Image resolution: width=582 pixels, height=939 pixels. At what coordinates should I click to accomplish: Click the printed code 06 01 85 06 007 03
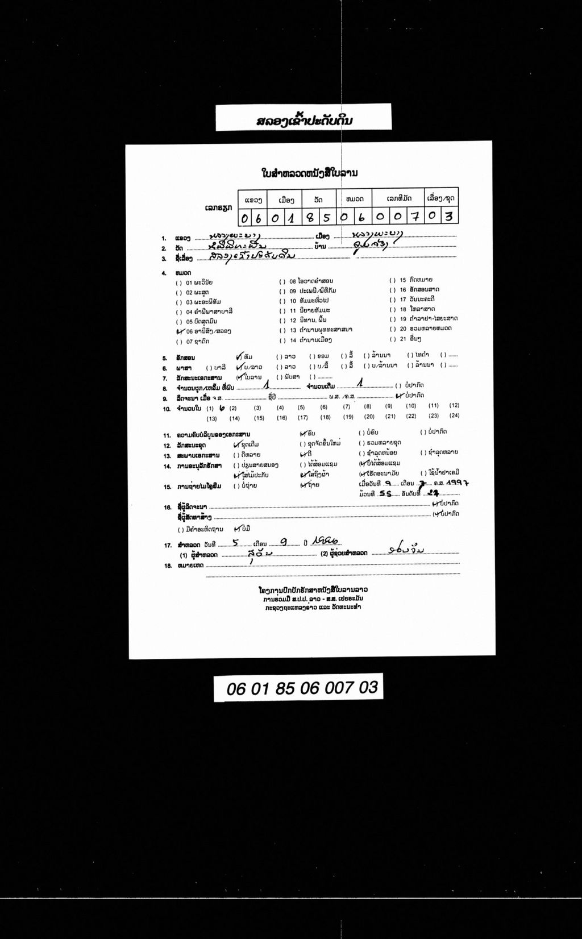pos(302,688)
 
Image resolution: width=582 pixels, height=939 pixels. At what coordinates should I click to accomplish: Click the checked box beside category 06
pos(180,331)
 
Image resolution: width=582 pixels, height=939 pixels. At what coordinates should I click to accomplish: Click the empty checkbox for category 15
pos(392,281)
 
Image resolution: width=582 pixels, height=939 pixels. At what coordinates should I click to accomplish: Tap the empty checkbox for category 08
pos(282,281)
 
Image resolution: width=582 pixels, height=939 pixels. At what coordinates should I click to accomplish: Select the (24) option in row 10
pos(454,416)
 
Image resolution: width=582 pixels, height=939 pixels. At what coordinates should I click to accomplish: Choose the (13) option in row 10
pos(211,419)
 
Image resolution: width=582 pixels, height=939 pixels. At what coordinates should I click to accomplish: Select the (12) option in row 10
pos(454,406)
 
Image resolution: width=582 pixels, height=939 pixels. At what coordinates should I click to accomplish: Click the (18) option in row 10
pos(325,418)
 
